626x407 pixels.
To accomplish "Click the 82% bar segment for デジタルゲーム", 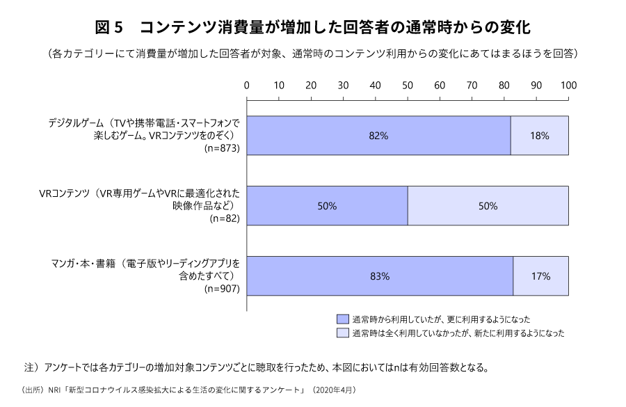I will [378, 136].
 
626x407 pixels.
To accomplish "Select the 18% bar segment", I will [539, 136].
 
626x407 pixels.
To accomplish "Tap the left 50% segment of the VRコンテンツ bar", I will [327, 206].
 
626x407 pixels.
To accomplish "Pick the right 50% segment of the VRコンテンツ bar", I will [488, 206].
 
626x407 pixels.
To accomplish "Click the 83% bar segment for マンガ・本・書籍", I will [380, 276].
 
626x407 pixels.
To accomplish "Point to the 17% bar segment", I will [540, 276].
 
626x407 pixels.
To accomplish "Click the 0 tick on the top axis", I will [247, 86].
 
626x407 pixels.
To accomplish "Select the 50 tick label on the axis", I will [408, 86].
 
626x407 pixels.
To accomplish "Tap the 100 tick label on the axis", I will [568, 86].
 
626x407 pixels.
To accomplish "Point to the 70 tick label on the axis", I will [472, 86].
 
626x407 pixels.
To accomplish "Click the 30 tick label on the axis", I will [343, 86].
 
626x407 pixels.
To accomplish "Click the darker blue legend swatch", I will [342, 319].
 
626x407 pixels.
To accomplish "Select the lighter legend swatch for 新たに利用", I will [342, 333].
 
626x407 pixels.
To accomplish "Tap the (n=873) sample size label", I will [220, 148].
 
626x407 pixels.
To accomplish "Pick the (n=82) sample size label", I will [224, 218].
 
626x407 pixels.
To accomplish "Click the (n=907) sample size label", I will [220, 289].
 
